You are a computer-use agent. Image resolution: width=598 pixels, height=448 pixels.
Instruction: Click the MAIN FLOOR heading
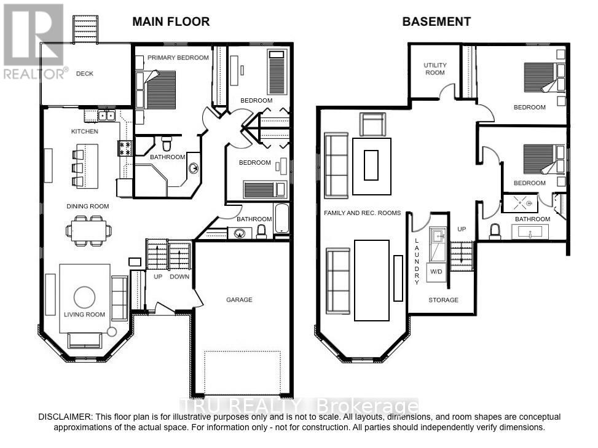[x=171, y=22]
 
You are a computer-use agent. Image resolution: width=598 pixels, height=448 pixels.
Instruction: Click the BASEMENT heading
[x=436, y=22]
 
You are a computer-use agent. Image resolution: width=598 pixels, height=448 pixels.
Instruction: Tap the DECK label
[x=85, y=74]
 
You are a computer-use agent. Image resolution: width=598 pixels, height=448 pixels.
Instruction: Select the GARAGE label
[x=239, y=300]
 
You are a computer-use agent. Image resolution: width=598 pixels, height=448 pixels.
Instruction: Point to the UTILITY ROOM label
[x=435, y=69]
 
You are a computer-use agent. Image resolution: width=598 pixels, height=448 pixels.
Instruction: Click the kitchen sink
[x=107, y=115]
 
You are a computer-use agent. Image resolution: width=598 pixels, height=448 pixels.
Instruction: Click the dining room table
[x=90, y=230]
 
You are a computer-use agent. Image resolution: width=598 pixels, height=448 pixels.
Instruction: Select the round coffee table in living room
[x=85, y=298]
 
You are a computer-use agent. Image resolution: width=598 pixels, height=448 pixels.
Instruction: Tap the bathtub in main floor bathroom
[x=281, y=219]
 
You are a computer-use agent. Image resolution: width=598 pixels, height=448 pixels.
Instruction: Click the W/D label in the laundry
[x=436, y=271]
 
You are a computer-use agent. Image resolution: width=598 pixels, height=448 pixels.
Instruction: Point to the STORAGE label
[x=443, y=300]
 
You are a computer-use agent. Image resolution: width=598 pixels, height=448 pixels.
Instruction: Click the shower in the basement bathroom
[x=520, y=203]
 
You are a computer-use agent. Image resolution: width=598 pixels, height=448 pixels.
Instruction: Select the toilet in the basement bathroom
[x=496, y=232]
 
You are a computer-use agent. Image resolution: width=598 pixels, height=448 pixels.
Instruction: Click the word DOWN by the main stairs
[x=180, y=277]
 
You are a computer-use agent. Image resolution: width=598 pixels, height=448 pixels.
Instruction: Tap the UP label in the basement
[x=463, y=229]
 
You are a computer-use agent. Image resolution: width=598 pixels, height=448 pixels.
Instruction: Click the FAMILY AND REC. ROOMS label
[x=362, y=213]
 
